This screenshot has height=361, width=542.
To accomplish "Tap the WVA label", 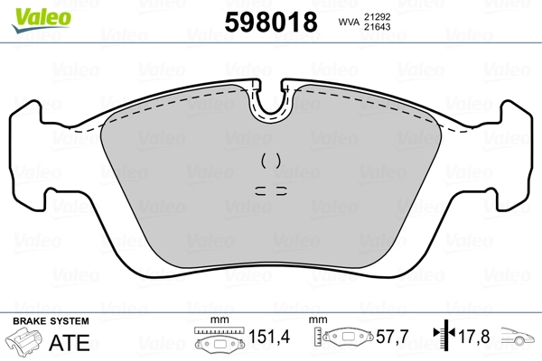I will [x=348, y=21].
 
